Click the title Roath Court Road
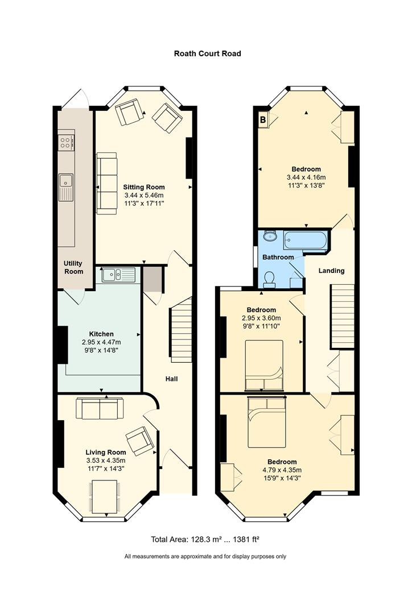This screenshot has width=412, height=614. tap(207, 53)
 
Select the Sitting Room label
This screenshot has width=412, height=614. tap(144, 187)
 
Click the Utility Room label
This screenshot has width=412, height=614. tap(74, 267)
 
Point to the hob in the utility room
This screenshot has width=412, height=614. tap(65, 142)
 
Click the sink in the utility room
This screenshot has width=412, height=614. tap(66, 187)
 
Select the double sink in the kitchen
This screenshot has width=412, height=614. tap(118, 275)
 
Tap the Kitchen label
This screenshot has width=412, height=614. tap(101, 334)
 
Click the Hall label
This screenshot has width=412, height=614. tap(172, 379)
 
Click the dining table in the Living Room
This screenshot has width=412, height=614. tap(105, 497)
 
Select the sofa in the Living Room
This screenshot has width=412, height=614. tap(100, 408)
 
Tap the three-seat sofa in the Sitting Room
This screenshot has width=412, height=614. tap(106, 183)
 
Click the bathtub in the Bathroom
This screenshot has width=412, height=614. tap(305, 240)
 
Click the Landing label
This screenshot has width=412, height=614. tap(331, 271)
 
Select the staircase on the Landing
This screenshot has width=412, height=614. tap(343, 317)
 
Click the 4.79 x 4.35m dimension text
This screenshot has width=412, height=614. tap(282, 470)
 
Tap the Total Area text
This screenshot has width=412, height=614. tap(205, 540)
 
